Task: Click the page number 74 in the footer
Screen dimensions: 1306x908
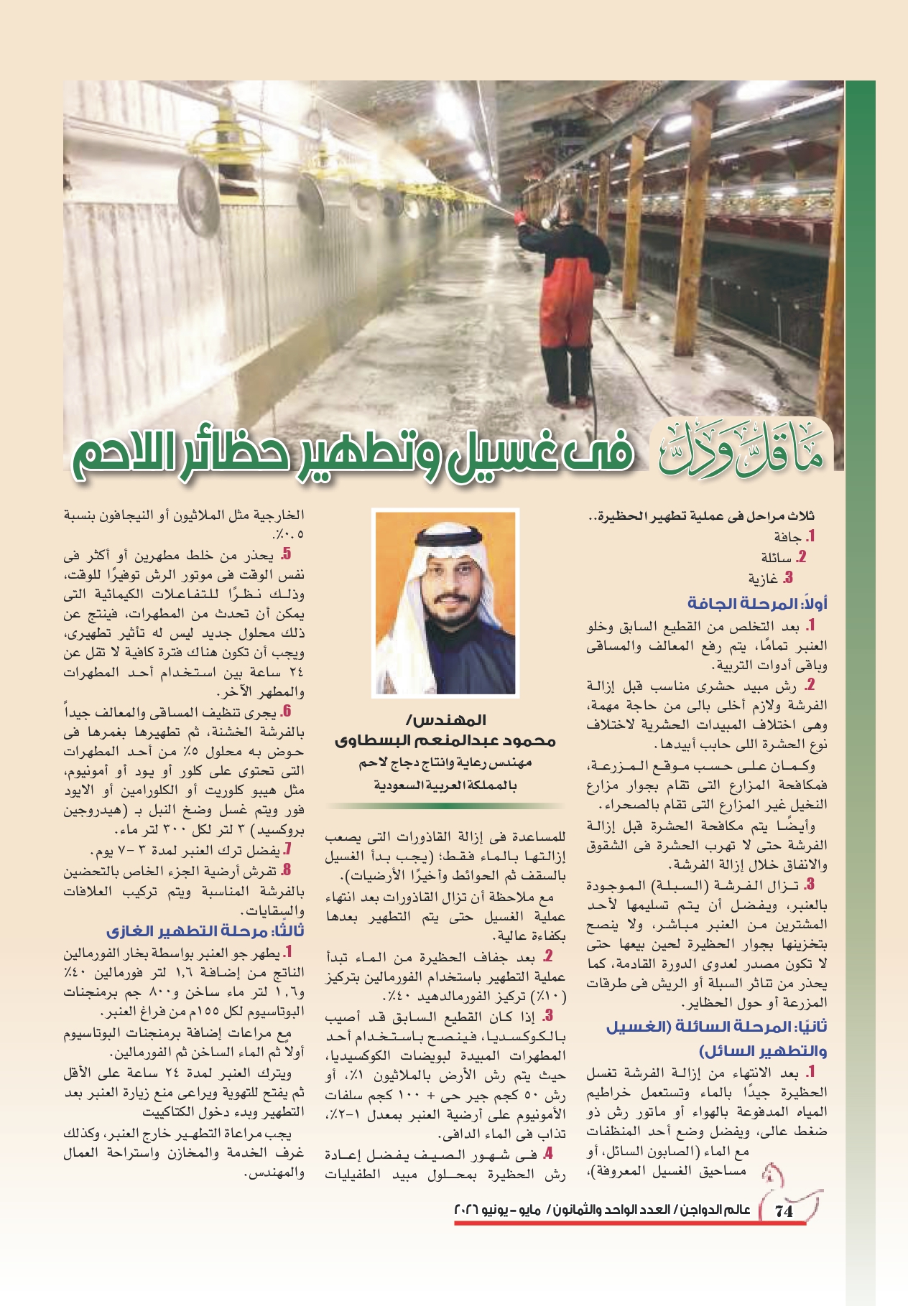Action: coord(784,1211)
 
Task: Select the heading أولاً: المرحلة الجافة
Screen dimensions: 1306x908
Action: coord(757,602)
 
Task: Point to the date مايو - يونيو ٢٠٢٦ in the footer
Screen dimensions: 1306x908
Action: coord(497,1211)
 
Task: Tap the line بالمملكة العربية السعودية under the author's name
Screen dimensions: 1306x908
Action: coord(445,785)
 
